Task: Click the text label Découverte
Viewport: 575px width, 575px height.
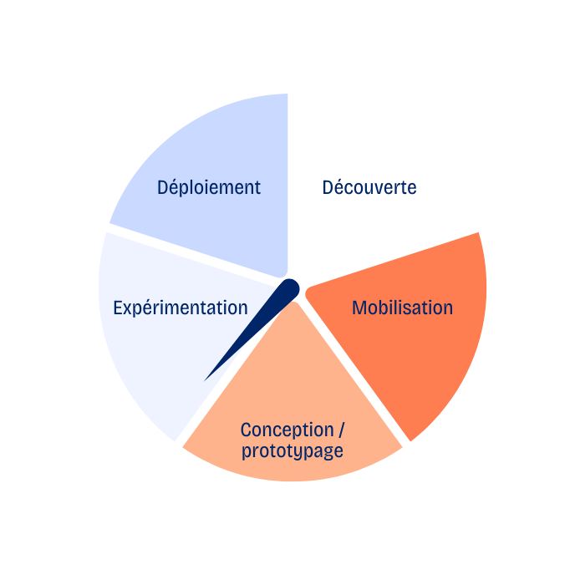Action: coord(369,187)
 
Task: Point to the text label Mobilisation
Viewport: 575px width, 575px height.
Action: coord(402,308)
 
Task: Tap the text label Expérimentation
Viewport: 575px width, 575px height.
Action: coord(181,308)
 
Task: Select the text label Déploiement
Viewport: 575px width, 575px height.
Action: coord(209,187)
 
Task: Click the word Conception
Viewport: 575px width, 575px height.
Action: coord(287,430)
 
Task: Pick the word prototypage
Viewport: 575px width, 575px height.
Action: coord(293,451)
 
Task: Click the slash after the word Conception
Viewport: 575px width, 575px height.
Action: coord(341,430)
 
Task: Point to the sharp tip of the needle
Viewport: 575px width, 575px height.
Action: coord(206,379)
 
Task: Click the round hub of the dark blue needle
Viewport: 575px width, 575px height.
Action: coord(289,289)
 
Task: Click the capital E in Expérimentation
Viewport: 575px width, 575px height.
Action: coord(118,308)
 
